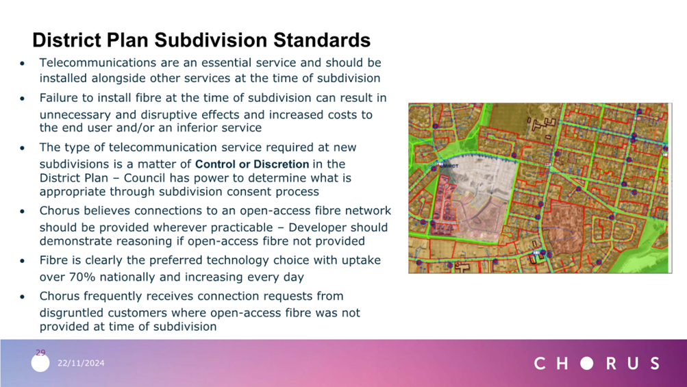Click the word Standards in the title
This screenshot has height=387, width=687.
coord(322,40)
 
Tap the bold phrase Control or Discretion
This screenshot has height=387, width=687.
coord(252,164)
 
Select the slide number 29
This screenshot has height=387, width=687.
coord(40,352)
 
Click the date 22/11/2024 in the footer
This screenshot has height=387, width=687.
coord(81,363)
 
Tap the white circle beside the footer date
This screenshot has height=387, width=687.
coord(40,363)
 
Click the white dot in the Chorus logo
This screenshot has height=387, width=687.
coord(587,363)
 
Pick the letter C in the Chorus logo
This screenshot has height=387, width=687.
coord(540,363)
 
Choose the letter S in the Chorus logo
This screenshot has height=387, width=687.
coord(655,363)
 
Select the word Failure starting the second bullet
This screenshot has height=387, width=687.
coord(57,98)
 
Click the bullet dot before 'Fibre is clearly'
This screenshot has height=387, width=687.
coord(23,261)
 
